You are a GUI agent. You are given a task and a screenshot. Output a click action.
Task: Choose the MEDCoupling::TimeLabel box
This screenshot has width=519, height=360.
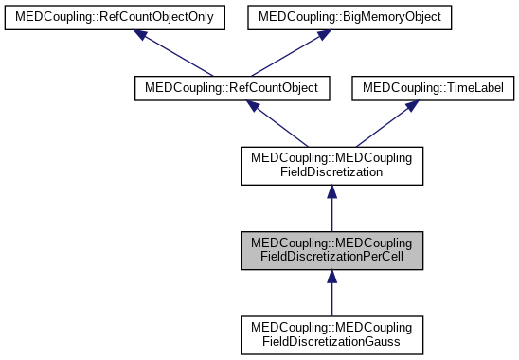tap(434, 88)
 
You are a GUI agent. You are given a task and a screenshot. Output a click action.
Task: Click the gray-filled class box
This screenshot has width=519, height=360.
tap(331, 250)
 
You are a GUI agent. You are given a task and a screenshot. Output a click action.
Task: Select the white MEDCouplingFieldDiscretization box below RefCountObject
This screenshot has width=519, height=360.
tap(331, 166)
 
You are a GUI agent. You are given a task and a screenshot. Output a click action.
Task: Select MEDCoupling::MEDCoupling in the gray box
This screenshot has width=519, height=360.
tap(331, 243)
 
